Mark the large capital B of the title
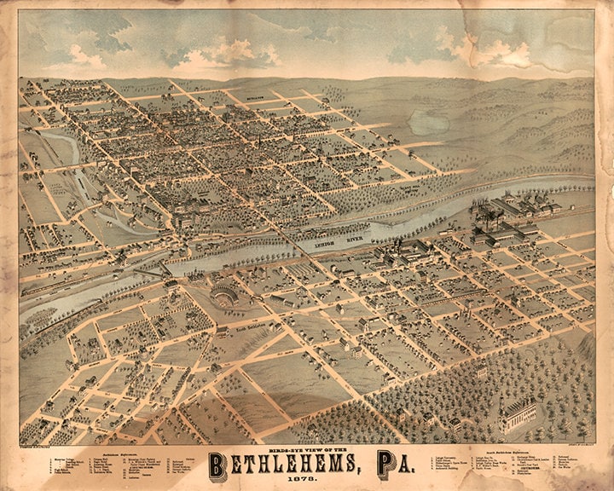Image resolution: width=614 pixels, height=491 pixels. (x=218, y=464)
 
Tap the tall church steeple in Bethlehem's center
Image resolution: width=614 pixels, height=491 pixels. (x=259, y=141)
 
